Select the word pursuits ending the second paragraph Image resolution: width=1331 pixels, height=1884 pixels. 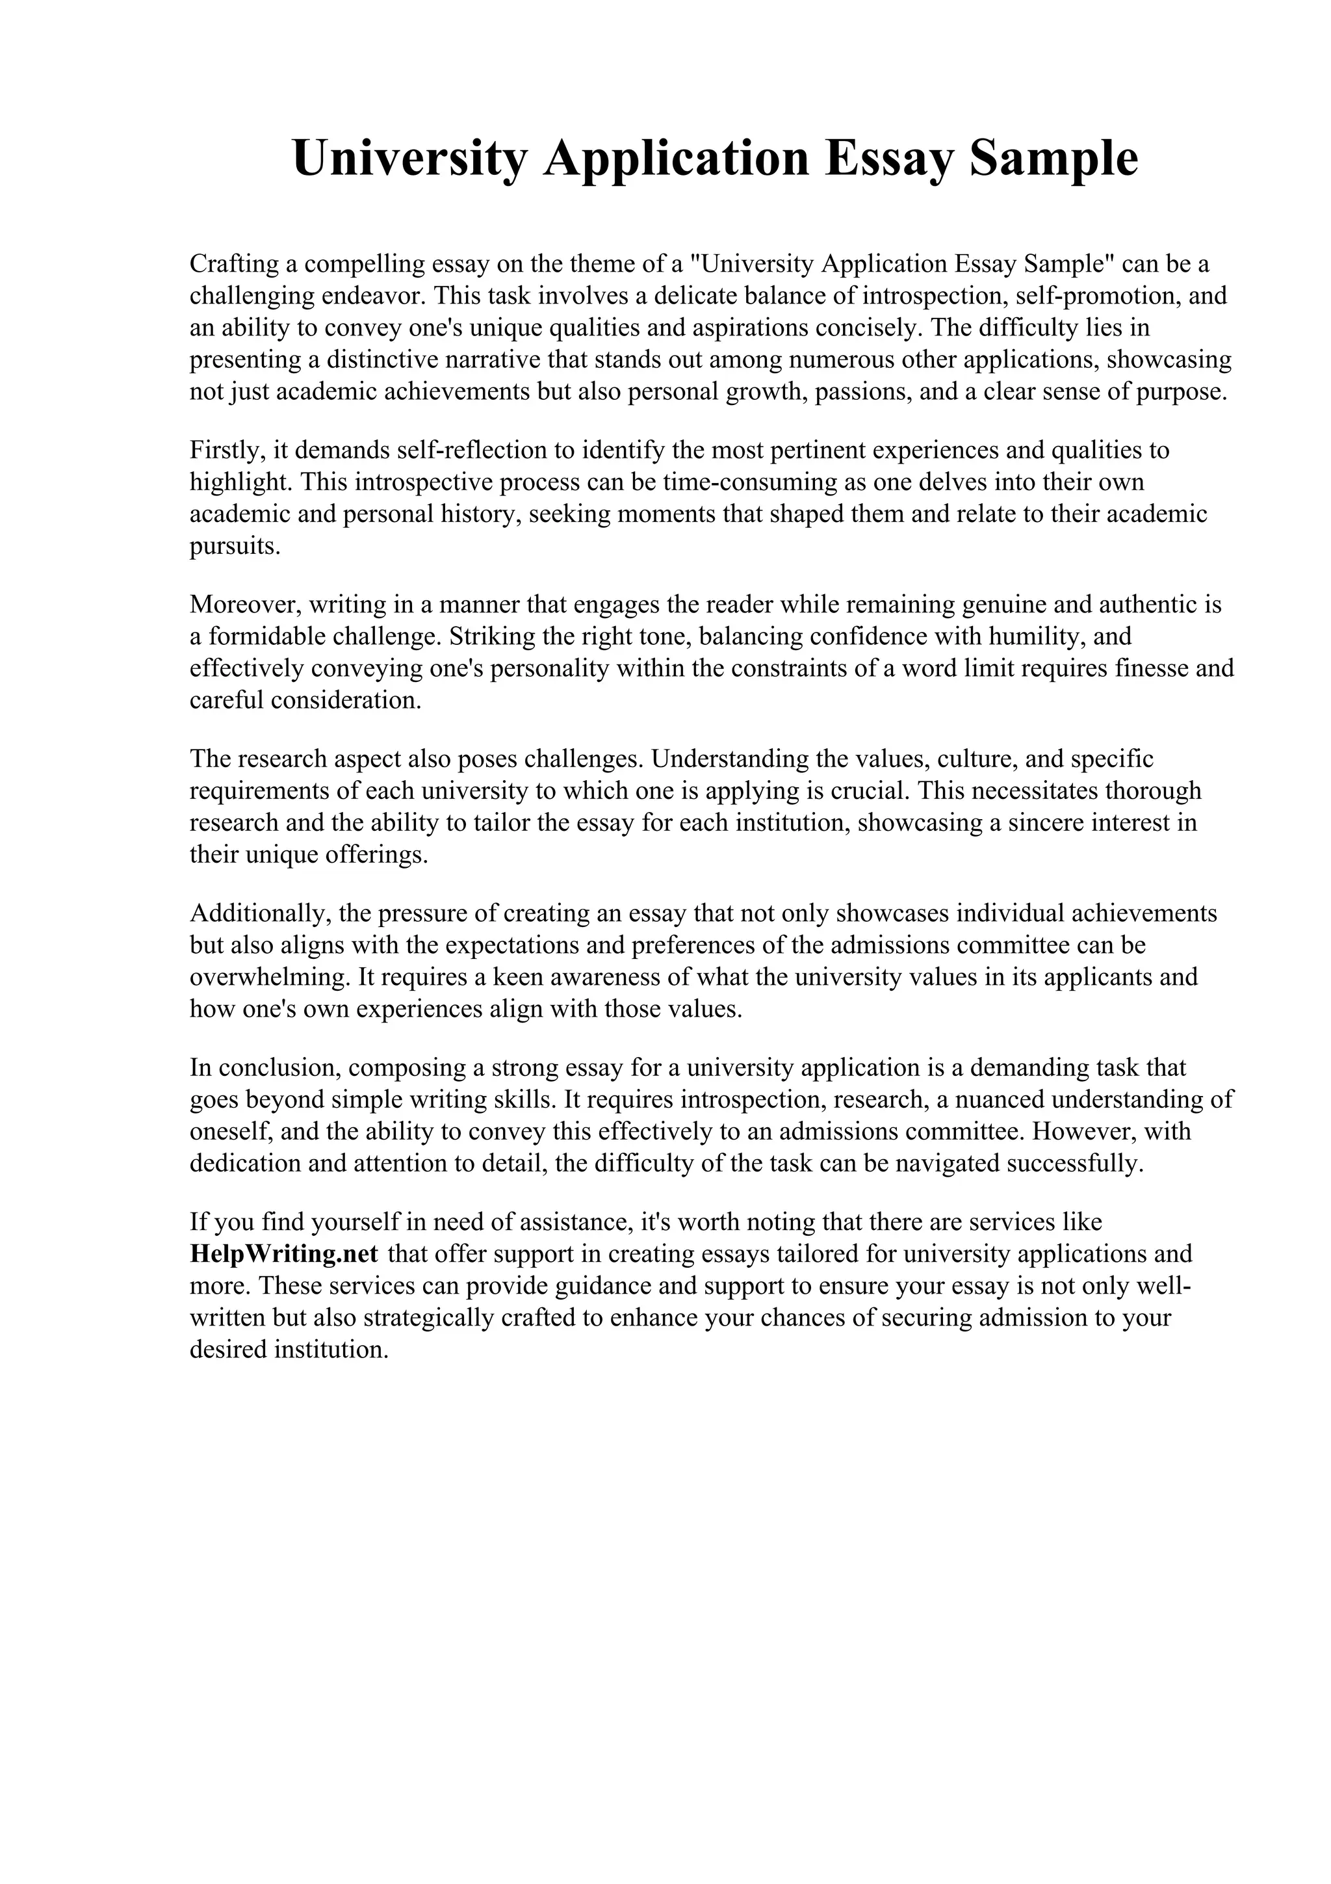[235, 547]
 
